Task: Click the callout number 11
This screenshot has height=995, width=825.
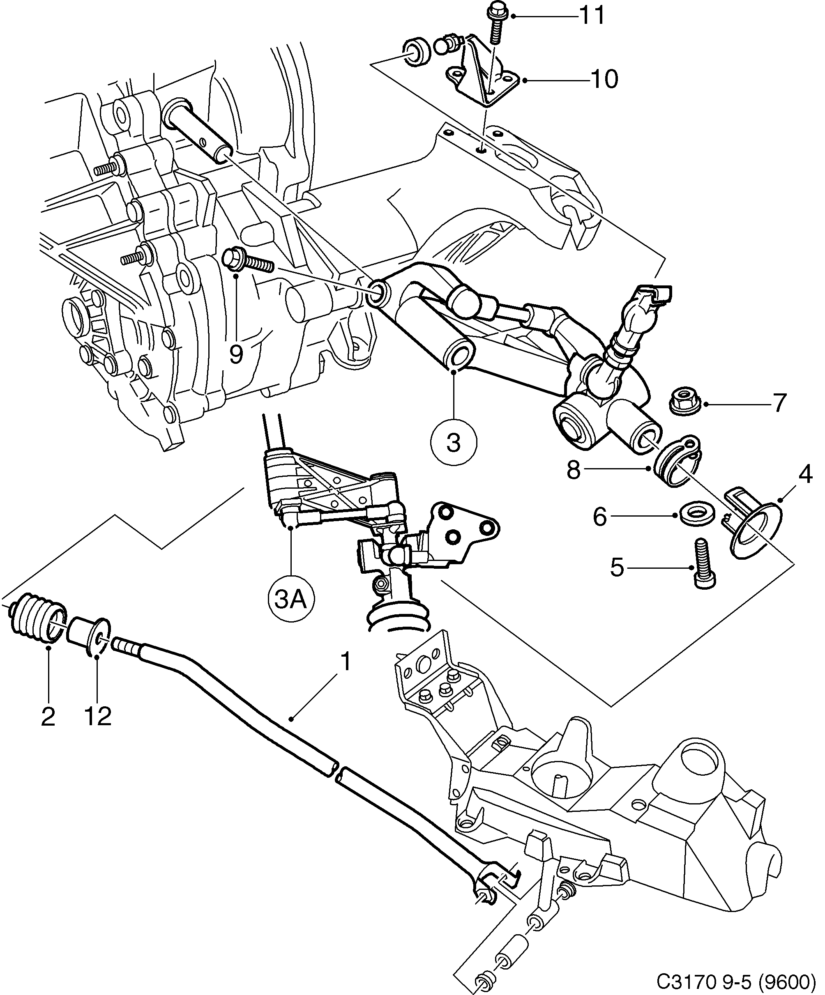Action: pyautogui.click(x=592, y=16)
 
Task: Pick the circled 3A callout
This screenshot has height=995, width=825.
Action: pyautogui.click(x=290, y=601)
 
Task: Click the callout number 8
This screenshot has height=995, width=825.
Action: pyautogui.click(x=573, y=471)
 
